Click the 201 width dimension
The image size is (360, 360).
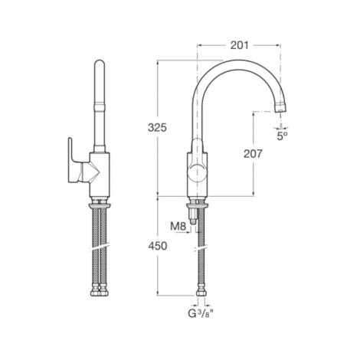coord(239,45)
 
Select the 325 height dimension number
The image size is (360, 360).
coord(157,127)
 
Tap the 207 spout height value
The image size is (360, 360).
coord(253,154)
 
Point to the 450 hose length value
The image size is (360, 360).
coord(158,246)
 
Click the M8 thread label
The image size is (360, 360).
coord(178,226)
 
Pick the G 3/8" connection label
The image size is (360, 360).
coord(201,313)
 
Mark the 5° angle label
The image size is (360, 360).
coord(282,136)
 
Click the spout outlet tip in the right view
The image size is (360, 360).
coord(281,109)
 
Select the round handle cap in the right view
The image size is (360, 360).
coord(197,172)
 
